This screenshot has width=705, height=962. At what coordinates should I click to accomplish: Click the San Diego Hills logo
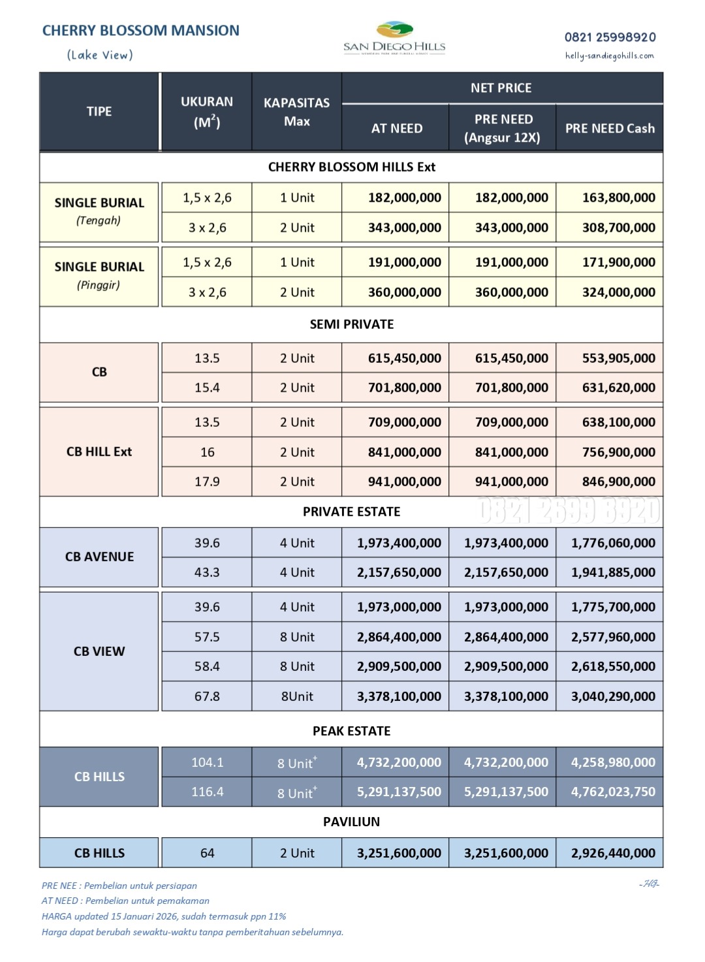pos(394,39)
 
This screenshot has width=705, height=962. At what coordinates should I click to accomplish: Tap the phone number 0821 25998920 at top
pos(610,37)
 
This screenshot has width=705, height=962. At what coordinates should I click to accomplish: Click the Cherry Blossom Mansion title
pos(140,31)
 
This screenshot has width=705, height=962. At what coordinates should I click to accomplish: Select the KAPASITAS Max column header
pos(297,112)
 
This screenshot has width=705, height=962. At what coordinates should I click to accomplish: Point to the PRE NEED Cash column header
pos(610,129)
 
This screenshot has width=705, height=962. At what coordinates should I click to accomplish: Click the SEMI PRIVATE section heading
pos(351,324)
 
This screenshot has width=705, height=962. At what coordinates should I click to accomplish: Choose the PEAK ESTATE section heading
pos(351,731)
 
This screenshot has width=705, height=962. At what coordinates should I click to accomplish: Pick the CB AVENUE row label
pos(99,557)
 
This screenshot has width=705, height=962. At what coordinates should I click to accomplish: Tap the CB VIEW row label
pos(99,651)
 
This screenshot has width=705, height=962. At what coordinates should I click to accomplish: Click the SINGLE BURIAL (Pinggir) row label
pos(99,275)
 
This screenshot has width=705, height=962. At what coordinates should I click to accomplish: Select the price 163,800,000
pos(618,198)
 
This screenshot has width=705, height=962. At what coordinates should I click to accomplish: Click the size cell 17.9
pos(207,482)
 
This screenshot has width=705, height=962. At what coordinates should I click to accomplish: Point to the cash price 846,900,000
pos(618,482)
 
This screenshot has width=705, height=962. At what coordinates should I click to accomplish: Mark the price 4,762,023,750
pos(613,792)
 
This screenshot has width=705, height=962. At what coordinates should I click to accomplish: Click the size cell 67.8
pos(207,696)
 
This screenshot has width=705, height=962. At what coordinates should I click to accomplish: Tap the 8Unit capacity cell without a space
pos(297,696)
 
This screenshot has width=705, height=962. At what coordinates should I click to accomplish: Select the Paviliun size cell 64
pos(207,853)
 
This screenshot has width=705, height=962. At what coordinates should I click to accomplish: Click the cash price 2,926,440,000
pos(613,853)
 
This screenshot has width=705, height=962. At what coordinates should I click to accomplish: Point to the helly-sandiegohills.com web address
pos(609,56)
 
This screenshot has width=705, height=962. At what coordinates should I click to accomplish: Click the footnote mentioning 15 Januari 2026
pos(164,916)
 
